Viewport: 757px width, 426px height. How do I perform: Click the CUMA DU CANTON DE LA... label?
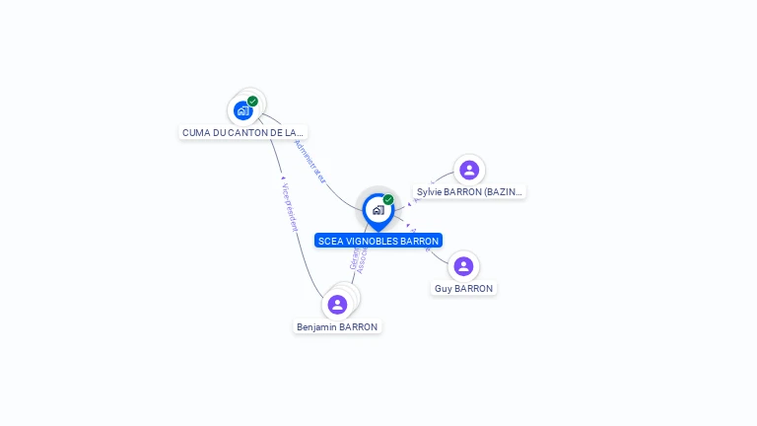coord(243,132)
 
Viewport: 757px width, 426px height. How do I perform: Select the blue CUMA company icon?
coord(242,110)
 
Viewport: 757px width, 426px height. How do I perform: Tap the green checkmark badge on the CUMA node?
coord(253,101)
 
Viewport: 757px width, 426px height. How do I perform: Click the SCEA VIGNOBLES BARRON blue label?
coord(378,241)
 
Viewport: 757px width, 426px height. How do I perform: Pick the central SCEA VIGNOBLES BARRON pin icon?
coord(378,210)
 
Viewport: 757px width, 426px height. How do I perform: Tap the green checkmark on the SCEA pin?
coord(388,199)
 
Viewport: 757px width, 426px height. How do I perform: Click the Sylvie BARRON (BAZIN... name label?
coord(469,192)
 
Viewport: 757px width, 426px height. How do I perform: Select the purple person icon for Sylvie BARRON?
coord(469,170)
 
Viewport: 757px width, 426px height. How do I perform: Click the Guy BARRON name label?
coord(463,289)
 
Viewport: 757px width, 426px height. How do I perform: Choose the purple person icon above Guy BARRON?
coord(463,266)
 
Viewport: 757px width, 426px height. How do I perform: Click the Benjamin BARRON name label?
coord(337,326)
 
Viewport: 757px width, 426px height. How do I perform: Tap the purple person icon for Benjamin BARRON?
coord(337,305)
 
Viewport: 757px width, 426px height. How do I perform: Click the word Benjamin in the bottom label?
coord(315,326)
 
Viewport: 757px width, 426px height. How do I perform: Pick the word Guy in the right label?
coord(444,289)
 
